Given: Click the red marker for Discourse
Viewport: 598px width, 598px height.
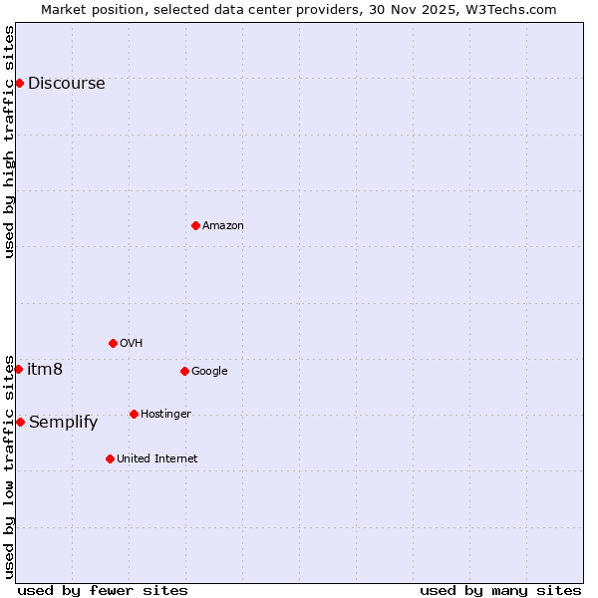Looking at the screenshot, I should click(19, 83).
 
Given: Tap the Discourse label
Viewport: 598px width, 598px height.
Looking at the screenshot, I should click(66, 84).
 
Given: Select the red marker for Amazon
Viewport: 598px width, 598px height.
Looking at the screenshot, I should click(195, 225).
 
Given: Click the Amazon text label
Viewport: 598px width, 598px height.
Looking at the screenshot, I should click(223, 226).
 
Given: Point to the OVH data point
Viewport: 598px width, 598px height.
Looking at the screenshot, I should click(113, 343).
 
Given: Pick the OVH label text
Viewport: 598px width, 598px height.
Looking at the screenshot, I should click(132, 344).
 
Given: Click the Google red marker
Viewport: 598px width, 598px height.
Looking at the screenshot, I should click(184, 371).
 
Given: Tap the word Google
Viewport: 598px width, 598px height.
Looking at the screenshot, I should click(209, 372).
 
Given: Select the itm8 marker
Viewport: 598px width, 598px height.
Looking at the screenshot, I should click(18, 369).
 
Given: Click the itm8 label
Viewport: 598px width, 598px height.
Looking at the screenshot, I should click(45, 370).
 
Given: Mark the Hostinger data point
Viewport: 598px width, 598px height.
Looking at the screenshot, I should click(134, 414).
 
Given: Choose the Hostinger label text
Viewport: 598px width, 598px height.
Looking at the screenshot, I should click(165, 415).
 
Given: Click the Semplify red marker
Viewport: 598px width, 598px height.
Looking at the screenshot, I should click(20, 422).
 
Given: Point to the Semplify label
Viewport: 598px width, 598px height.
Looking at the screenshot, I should click(63, 423).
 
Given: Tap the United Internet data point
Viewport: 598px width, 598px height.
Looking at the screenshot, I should click(110, 458).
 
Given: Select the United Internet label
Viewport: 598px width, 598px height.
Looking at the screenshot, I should click(156, 459).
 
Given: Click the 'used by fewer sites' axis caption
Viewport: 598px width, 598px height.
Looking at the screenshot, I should click(103, 591).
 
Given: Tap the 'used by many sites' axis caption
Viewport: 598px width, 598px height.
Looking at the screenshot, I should click(500, 591).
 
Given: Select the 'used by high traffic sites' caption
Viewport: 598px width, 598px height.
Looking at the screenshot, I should click(9, 142).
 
